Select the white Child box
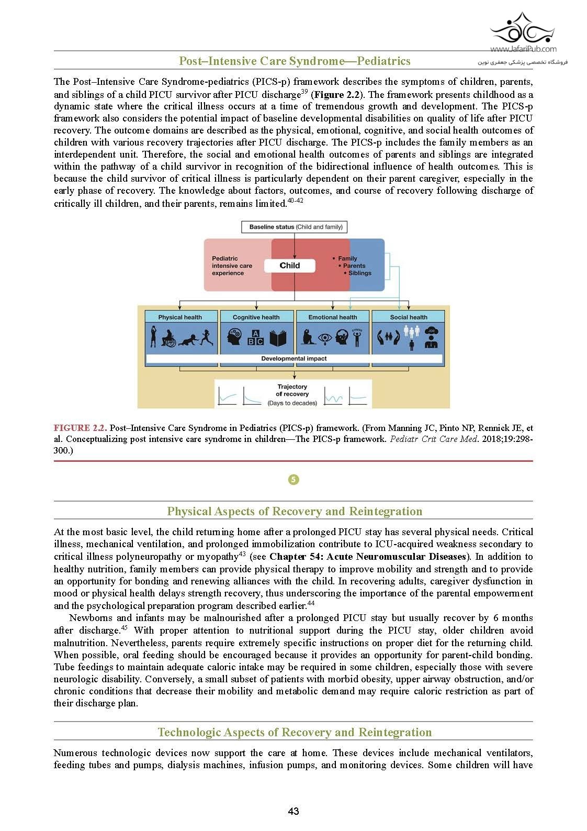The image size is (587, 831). point(290,265)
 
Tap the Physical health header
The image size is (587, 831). point(180,317)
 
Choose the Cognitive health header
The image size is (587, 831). point(256,317)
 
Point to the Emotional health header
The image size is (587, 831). point(333,317)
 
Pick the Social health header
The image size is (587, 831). point(409,317)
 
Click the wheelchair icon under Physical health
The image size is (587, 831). point(169,338)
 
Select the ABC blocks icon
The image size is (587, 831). point(255,338)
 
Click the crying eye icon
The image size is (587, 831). point(325,338)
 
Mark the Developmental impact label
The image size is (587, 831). point(294,359)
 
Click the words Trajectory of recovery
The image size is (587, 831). point(292,390)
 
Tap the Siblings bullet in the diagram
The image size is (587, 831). point(359,273)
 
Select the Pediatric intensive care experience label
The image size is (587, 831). point(232,265)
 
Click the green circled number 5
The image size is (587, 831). point(293,480)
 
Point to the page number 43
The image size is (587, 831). point(293,811)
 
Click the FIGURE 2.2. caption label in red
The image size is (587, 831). point(80,428)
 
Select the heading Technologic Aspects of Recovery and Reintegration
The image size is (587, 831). point(295,732)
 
